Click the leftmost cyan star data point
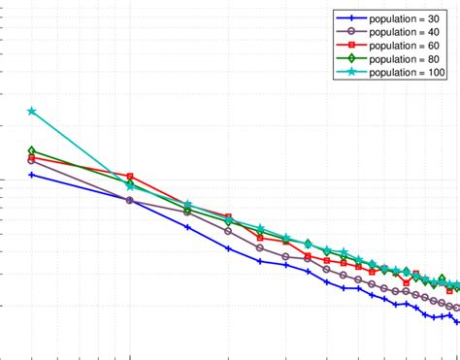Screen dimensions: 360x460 click(x=32, y=111)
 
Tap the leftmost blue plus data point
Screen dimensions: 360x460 click(x=32, y=175)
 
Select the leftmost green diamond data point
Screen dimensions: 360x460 click(x=32, y=151)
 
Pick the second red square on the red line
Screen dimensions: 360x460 click(x=130, y=177)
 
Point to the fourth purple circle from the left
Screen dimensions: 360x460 click(x=228, y=231)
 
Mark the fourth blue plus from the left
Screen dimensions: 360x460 click(x=228, y=248)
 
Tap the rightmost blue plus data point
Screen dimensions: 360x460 click(x=456, y=321)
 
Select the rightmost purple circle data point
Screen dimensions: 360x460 click(x=456, y=307)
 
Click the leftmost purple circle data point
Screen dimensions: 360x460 click(x=32, y=160)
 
